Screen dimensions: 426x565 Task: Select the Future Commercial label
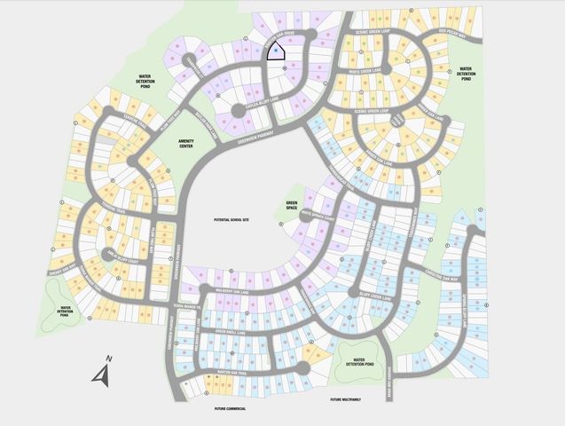(x=230, y=409)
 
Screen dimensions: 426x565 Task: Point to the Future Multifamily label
(x=349, y=400)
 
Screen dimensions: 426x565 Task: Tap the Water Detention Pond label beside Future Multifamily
(x=358, y=361)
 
